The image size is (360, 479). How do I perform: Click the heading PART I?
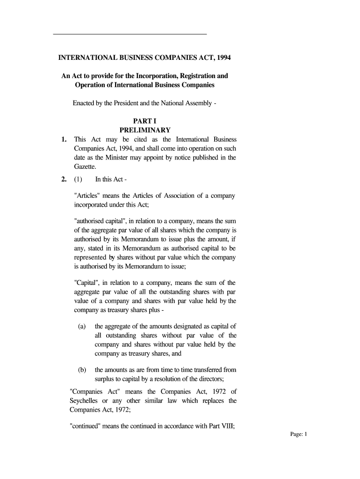145,121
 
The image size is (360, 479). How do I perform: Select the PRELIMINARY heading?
145,130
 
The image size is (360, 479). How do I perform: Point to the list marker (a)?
82,327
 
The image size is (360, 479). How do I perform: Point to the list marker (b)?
82,370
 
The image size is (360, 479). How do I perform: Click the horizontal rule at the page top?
130,34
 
